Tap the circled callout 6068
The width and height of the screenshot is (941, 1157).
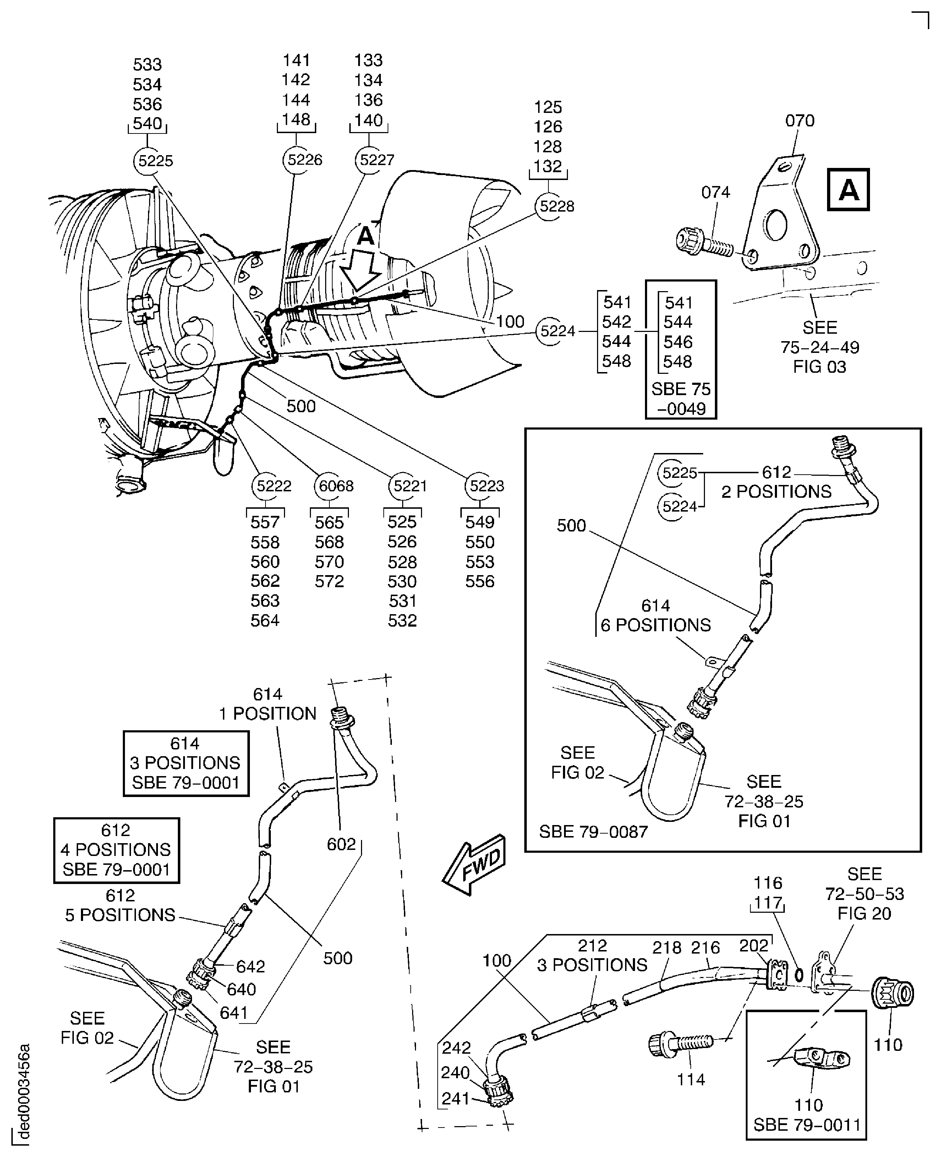pyautogui.click(x=335, y=486)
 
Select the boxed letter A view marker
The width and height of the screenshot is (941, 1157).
pyautogui.click(x=848, y=190)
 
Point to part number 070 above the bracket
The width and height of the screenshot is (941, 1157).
pyautogui.click(x=799, y=121)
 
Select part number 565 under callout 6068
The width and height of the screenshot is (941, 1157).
pyautogui.click(x=329, y=523)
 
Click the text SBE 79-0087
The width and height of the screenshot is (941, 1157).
pyautogui.click(x=593, y=832)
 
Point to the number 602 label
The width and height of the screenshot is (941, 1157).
pyautogui.click(x=341, y=844)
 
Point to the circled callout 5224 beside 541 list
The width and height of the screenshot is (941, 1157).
pyautogui.click(x=557, y=331)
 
